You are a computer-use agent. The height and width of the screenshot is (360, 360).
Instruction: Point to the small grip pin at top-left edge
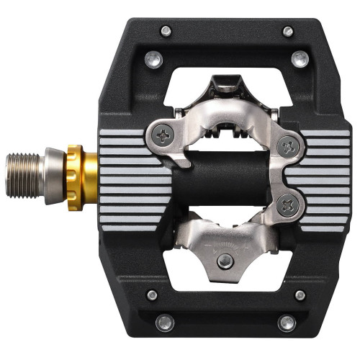click(166, 30)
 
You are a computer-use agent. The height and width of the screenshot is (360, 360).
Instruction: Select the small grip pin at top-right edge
click(288, 31)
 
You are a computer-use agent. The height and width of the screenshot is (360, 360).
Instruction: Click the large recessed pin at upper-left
click(153, 60)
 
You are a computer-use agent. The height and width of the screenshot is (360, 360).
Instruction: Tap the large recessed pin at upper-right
click(300, 60)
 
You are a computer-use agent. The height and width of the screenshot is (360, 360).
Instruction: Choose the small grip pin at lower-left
click(152, 294)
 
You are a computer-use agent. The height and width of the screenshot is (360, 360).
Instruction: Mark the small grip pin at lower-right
click(300, 294)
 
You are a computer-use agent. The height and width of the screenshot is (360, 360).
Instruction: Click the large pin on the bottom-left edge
click(165, 323)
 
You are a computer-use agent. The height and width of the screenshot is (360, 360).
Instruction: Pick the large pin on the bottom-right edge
click(287, 323)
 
